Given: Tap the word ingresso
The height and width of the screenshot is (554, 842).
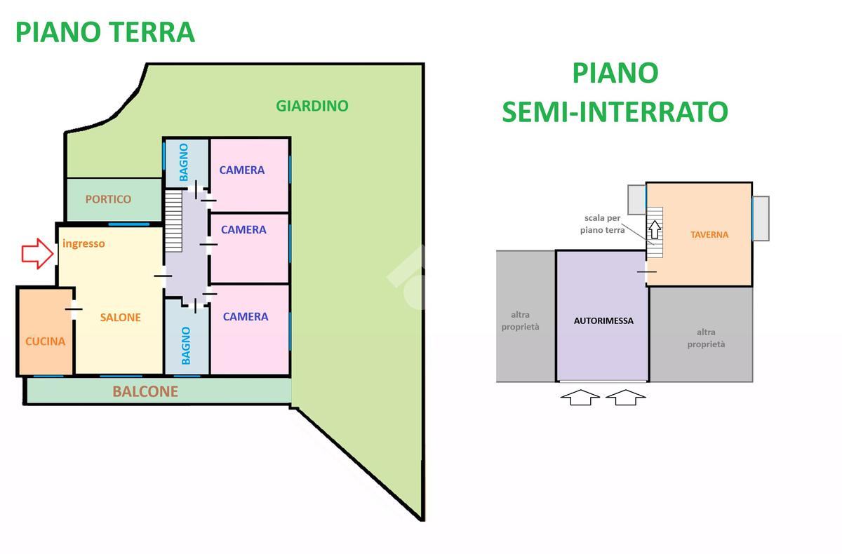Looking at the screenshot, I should click(x=83, y=244).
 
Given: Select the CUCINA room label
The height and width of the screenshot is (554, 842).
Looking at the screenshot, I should click(x=45, y=342).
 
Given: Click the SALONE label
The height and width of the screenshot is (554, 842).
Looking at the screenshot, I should click(x=120, y=317).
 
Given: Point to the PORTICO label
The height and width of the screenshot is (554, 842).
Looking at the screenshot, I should click(x=108, y=199).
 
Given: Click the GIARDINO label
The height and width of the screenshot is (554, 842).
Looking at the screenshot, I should click(x=312, y=107).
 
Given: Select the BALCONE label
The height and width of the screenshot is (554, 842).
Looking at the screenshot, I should click(x=145, y=391).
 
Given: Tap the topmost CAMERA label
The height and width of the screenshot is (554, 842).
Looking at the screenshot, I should click(x=242, y=170).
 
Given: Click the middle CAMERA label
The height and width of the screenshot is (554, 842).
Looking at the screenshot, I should click(x=243, y=229).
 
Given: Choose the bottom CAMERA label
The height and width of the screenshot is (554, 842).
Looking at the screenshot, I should click(x=246, y=316).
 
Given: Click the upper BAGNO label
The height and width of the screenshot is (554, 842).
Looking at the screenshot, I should click(x=184, y=163).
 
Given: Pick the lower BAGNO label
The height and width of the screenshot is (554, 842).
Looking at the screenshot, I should click(x=186, y=346).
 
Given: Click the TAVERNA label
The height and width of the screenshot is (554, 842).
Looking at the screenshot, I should click(x=709, y=235).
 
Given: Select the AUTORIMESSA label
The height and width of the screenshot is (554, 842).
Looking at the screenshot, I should click(x=603, y=321).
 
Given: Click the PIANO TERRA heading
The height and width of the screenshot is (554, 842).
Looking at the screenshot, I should click(x=105, y=32).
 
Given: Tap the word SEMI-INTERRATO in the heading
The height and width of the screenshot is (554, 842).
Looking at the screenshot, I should click(x=615, y=112).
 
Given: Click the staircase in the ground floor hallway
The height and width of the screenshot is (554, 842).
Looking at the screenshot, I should click(x=173, y=222).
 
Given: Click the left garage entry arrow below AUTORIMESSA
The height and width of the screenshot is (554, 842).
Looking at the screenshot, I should click(x=580, y=398).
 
